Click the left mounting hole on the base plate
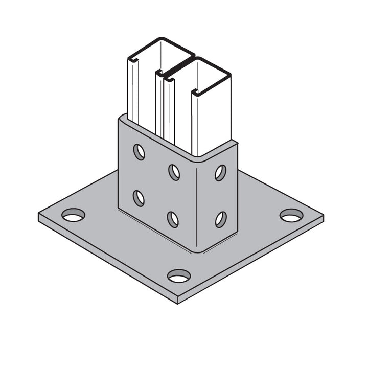click(73, 215)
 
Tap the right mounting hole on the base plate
click(291, 215)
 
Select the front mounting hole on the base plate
click(179, 276)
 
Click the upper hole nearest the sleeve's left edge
click(139, 152)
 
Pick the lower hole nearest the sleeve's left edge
click(139, 198)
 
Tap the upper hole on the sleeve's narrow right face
click(220, 173)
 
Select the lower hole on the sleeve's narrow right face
click(220, 219)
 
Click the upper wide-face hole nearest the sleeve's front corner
click(174, 172)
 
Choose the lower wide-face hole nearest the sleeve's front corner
click(173, 219)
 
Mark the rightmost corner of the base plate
click(324, 216)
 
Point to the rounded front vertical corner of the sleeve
click(197, 204)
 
